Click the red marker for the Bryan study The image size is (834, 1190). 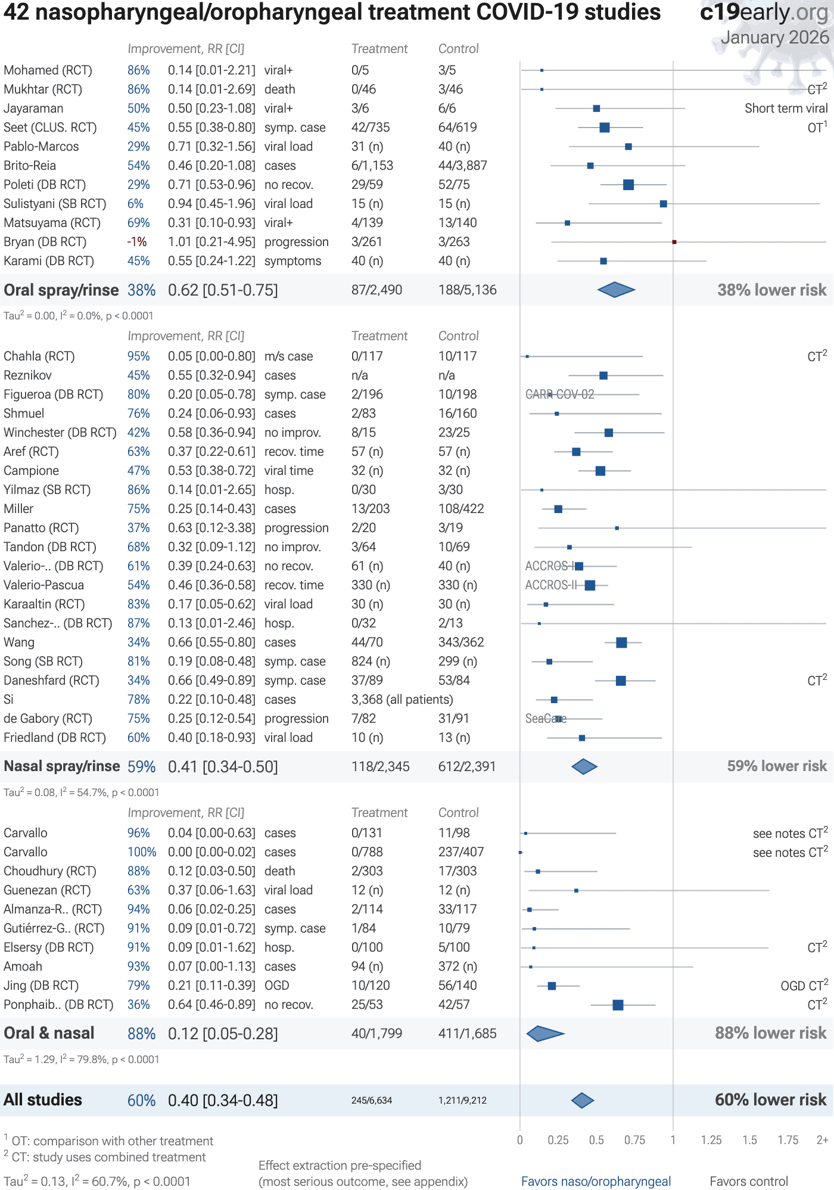coord(674,242)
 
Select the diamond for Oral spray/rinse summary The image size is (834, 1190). coord(616,290)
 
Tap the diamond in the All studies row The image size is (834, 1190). coord(582,1101)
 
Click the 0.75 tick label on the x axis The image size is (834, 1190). coord(634,1140)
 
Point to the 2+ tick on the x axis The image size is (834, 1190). coord(822,1140)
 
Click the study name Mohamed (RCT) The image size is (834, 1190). coord(48,70)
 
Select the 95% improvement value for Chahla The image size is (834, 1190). coord(138,356)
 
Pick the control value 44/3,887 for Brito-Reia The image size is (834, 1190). coord(462,166)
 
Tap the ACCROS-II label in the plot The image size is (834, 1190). coord(550,585)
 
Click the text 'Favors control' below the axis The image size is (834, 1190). coord(748,1181)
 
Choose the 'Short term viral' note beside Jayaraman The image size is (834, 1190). coord(786,108)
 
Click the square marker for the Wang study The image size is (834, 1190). coord(621,642)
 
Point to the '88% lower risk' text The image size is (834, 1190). coord(770,1033)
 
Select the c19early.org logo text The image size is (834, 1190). coord(764,12)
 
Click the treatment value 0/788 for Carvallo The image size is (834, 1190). coord(367,852)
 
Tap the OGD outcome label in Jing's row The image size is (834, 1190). coord(276,986)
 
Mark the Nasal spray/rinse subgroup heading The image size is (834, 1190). coord(61,766)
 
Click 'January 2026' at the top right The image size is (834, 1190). coord(774,38)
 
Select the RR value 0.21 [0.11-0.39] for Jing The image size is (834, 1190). coord(211,986)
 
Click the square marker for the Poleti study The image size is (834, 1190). coord(628,185)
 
